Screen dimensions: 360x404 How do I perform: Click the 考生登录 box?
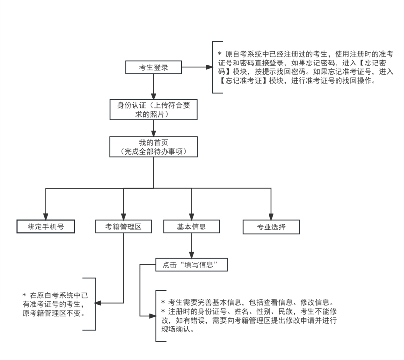point(154,67)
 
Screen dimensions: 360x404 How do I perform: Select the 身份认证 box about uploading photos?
point(154,110)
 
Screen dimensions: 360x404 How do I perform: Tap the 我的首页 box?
point(154,147)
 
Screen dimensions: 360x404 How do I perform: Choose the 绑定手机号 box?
point(45,227)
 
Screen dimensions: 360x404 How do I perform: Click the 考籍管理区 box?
point(123,227)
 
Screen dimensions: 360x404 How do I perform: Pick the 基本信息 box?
point(192,227)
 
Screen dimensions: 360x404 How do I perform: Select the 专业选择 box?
point(271,227)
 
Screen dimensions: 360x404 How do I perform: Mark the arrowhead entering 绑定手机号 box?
point(45,217)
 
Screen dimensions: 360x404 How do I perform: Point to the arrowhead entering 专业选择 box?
point(271,217)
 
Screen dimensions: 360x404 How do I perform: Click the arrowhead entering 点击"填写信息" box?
point(192,255)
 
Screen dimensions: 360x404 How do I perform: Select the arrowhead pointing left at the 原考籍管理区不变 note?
point(99,303)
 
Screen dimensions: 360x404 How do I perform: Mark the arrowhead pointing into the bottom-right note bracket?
point(153,316)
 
